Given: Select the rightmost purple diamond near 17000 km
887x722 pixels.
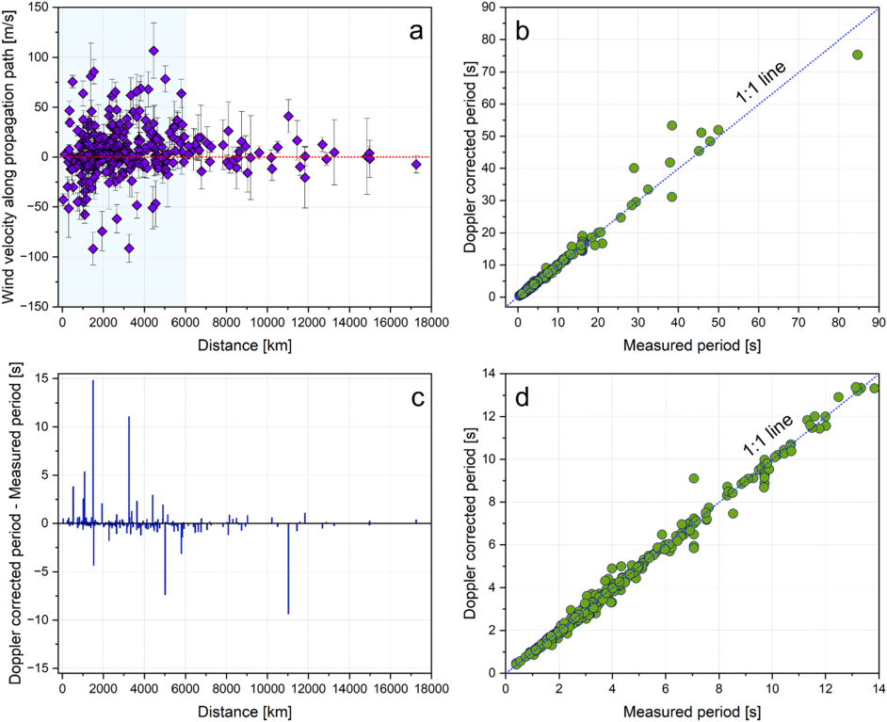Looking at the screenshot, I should pos(416,165).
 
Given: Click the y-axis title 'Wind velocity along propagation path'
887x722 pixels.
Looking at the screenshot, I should pos(18,155).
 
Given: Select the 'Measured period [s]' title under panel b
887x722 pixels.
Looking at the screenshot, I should pos(692,345).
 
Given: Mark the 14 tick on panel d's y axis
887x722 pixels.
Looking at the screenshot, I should pos(490,375).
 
